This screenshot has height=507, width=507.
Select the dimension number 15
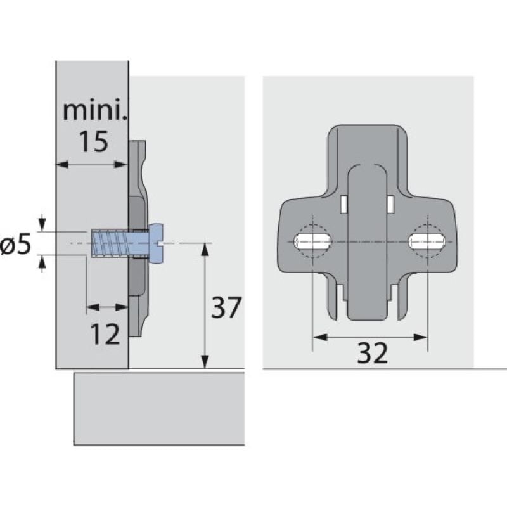click(x=93, y=142)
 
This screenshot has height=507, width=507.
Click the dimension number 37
click(x=227, y=309)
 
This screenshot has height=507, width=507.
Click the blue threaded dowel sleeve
click(x=110, y=243)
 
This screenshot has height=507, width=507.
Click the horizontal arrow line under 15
click(x=93, y=164)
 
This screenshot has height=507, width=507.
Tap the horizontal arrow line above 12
click(x=107, y=307)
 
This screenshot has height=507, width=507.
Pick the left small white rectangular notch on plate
click(x=343, y=203)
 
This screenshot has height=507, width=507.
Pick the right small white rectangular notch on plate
click(x=390, y=203)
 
